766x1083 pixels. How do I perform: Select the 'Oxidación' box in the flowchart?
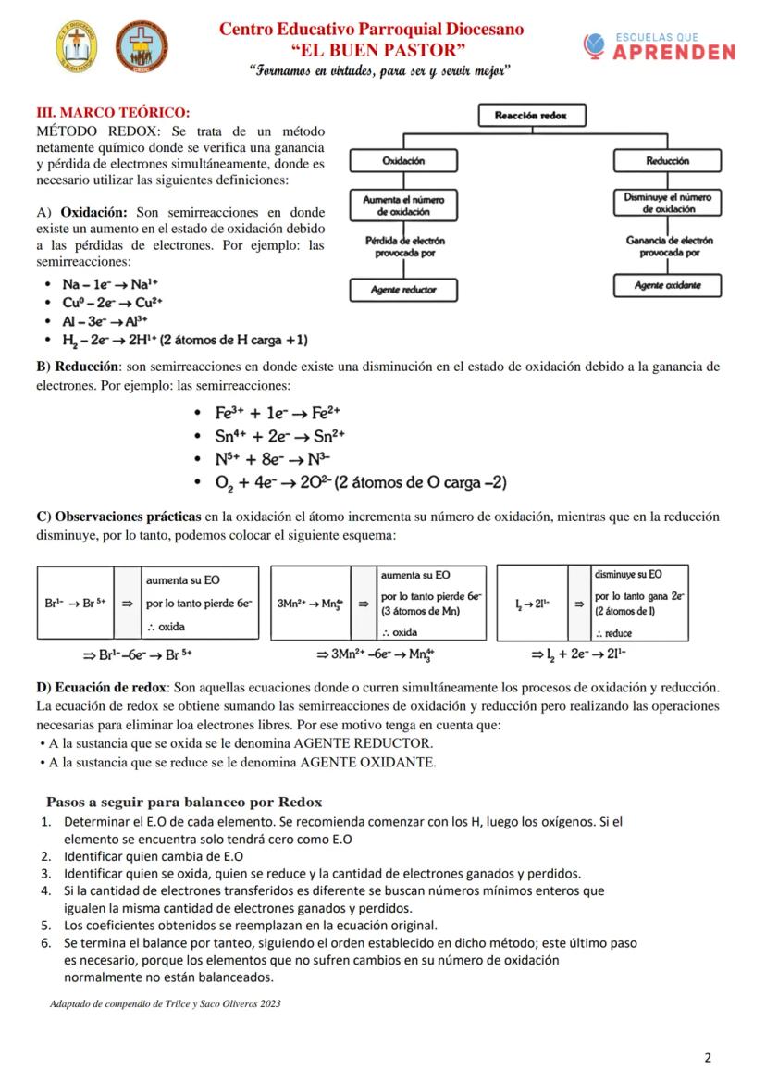403,161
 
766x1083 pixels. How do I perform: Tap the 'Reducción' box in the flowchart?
667,161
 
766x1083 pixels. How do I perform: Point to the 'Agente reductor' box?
403,290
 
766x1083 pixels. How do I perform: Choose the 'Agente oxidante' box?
667,285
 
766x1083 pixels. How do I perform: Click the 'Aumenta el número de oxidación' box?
403,205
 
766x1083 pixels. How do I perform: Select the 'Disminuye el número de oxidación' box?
667,203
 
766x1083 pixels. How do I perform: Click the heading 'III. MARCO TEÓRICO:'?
112,112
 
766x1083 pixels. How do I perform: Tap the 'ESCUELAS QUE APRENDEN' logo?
660,47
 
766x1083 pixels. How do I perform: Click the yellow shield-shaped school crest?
76,45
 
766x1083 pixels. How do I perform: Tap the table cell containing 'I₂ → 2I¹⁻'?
532,603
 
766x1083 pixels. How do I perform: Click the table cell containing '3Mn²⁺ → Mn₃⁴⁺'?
311,603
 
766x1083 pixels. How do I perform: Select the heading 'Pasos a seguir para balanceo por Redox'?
183,801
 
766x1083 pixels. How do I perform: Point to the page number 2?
708,1058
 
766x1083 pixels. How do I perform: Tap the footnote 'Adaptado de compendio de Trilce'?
165,1003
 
